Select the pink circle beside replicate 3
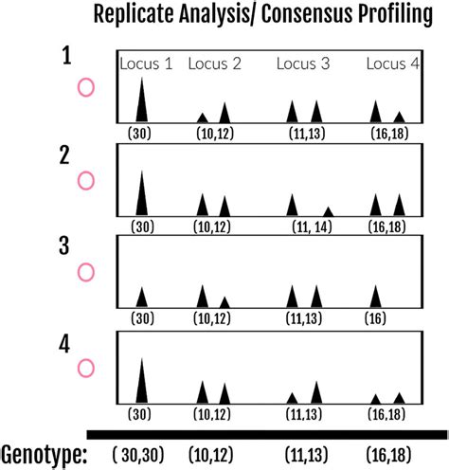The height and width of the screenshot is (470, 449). point(85,272)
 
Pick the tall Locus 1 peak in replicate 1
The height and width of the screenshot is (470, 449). point(142,102)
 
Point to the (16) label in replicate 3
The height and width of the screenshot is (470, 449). point(375,318)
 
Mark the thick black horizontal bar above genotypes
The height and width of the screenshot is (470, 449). point(265,434)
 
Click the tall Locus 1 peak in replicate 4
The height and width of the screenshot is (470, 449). point(142,384)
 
